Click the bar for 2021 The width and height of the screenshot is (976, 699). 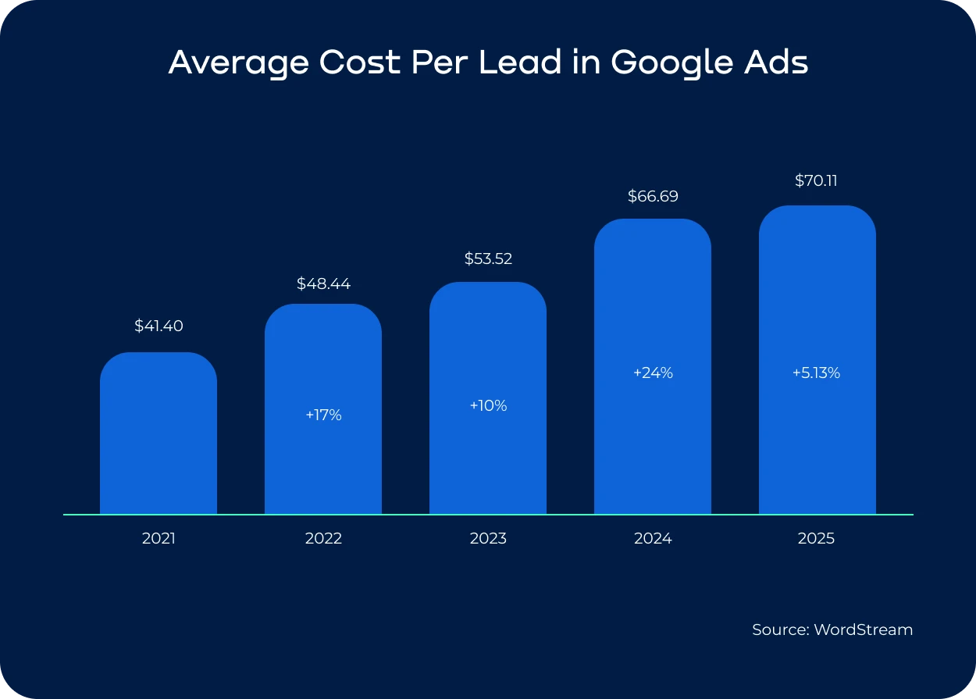[x=159, y=433]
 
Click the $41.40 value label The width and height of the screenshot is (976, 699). [x=159, y=326]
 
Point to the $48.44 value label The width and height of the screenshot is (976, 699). [x=323, y=284]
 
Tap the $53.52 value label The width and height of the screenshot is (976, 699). [x=488, y=259]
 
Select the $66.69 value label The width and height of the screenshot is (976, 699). [x=653, y=197]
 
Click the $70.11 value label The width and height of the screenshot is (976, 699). [x=817, y=181]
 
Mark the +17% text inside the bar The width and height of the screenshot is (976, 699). [x=323, y=415]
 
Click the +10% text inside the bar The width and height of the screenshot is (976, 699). [x=488, y=406]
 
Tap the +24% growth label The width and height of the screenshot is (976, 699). [x=653, y=373]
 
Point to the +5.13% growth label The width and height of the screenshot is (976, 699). [x=817, y=373]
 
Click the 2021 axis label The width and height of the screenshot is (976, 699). [x=159, y=539]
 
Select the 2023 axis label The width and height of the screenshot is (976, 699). [x=488, y=539]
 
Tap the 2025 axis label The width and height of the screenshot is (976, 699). [x=817, y=539]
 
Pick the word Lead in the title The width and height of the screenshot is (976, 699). [x=520, y=62]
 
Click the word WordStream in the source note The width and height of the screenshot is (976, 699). [x=863, y=629]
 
